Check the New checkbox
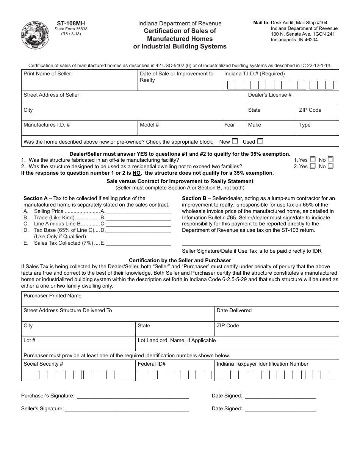pyautogui.click(x=235, y=141)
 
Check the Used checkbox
pyautogui.click(x=260, y=141)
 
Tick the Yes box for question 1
pyautogui.click(x=313, y=160)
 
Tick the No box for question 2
pyautogui.click(x=330, y=166)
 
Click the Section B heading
pyautogui.click(x=194, y=198)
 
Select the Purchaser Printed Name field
pyautogui.click(x=180, y=301)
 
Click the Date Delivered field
pyautogui.click(x=277, y=316)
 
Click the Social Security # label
pyautogui.click(x=43, y=364)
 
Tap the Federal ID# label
pyautogui.click(x=152, y=364)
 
